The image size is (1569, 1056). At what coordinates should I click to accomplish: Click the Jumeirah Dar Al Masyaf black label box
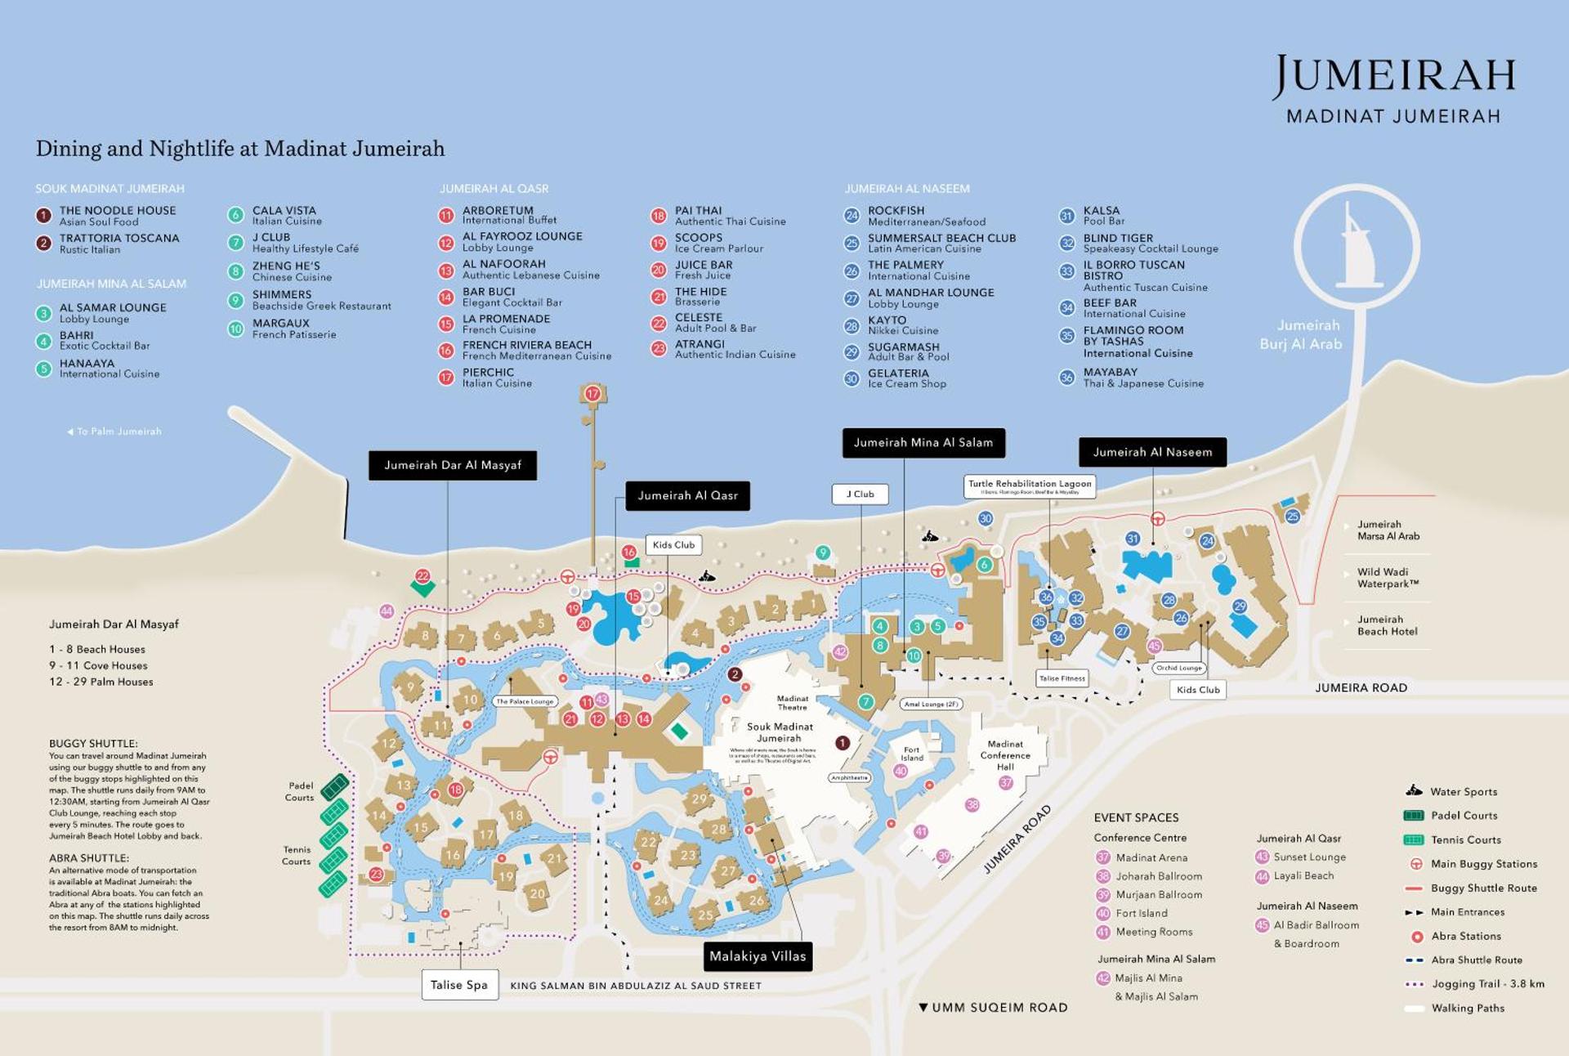pos(452,465)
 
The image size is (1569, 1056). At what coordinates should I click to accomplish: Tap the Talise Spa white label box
pos(458,984)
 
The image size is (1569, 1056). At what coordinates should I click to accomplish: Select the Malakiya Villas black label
pos(757,955)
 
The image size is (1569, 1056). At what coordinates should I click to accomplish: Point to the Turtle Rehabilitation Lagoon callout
pos(1029,485)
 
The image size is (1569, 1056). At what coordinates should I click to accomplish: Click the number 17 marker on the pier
pos(592,394)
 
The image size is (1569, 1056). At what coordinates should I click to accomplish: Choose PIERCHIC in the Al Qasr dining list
pos(488,377)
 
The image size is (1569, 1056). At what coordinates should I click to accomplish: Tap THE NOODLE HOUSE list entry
pos(117,215)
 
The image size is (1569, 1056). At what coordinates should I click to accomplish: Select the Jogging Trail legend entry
pos(1487,984)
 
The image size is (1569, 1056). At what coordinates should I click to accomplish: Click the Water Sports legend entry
pos(1463,791)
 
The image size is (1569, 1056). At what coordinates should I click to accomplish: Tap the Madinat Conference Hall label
pos(1004,754)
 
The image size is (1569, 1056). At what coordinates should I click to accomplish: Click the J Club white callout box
pos(860,494)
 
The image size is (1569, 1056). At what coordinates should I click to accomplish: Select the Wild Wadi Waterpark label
pos(1387,577)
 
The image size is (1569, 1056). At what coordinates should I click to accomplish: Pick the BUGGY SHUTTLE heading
pos(93,743)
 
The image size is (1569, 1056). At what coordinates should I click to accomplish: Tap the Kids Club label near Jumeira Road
pos(1197,689)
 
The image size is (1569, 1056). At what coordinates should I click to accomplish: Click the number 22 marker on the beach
pos(422,575)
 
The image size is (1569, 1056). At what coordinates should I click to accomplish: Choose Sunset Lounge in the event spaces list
pos(1308,857)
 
